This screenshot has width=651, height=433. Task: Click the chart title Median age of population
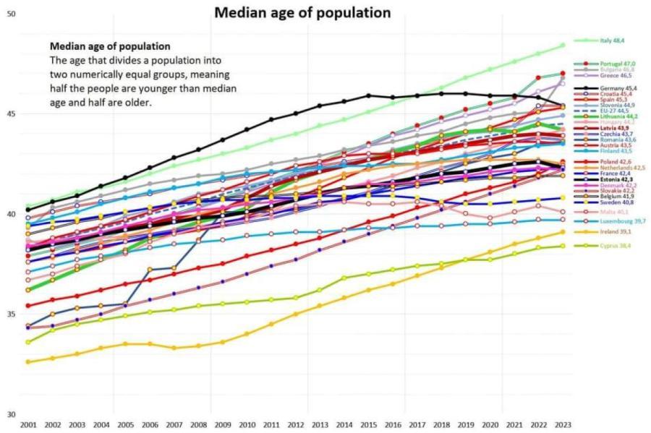pos(302,12)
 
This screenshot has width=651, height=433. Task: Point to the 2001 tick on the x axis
pos(29,424)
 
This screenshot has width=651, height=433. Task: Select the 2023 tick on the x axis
pos(563,424)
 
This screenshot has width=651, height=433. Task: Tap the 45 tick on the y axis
pos(10,113)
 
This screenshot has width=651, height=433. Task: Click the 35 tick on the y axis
pos(10,314)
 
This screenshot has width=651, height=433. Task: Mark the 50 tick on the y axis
pos(10,14)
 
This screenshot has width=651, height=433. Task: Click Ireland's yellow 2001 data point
pos(28,361)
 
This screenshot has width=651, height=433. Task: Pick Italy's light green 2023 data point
pos(563,46)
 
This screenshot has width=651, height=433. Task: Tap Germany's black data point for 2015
pos(368,95)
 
